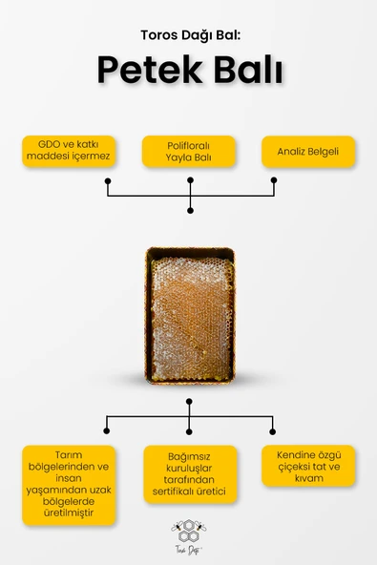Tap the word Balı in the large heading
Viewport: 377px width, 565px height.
pos(248,70)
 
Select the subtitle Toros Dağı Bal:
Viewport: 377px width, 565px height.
pos(190,35)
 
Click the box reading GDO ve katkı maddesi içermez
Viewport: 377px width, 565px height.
pos(69,151)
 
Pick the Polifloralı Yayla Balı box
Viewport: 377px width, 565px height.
pos(189,152)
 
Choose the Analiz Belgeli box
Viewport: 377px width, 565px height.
pos(308,152)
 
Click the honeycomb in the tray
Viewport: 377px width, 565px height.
pos(190,319)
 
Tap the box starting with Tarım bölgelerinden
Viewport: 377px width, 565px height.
pos(69,485)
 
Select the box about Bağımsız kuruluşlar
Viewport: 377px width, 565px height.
pos(190,473)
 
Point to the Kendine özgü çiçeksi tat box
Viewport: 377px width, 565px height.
pos(308,466)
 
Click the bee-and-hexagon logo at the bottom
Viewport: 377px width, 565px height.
pos(189,536)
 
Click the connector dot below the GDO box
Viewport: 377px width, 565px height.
pos(108,180)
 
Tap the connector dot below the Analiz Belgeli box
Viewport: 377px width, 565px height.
pos(274,179)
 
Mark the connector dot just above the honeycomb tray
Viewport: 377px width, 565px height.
pos(190,210)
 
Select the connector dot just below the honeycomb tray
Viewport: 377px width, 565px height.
pos(189,402)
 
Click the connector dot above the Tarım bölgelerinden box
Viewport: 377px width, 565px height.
pos(106,430)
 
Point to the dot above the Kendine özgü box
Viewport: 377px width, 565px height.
pos(272,431)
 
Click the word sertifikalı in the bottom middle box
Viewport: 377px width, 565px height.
pos(173,492)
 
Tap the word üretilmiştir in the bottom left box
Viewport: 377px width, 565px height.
pos(69,513)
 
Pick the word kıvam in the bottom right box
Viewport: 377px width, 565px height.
pos(308,478)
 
